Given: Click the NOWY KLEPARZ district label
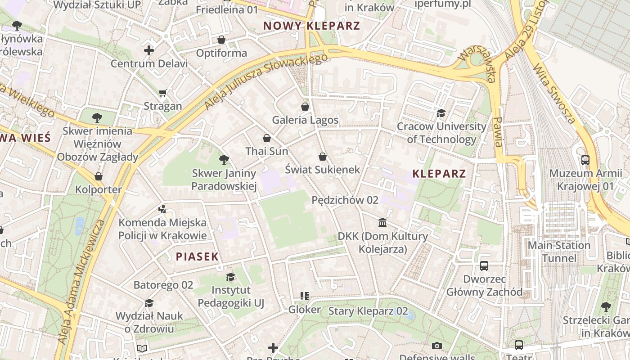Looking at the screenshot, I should point(311,26).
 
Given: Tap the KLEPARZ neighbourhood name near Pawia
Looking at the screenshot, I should point(439,174).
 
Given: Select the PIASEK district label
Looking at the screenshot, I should point(197,257).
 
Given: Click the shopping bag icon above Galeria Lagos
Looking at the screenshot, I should point(305,107).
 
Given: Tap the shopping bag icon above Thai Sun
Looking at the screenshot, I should point(266,138).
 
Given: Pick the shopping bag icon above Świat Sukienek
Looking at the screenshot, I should point(323,157).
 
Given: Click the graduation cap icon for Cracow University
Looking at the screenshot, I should point(441,113).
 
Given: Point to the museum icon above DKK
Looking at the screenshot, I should point(382,222).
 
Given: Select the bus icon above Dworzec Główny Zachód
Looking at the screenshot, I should point(484,265).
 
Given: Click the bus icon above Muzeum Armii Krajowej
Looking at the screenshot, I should point(585,160).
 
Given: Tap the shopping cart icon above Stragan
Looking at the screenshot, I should point(163,93).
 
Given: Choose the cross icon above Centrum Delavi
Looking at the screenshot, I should point(149,50).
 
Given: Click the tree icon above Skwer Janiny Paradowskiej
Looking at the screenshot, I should point(224,159).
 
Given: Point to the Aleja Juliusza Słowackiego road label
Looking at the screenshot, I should point(265,81).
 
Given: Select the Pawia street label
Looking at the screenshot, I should point(498,132).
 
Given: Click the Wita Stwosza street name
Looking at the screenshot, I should point(554,94).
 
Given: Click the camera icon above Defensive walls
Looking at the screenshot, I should point(436,346).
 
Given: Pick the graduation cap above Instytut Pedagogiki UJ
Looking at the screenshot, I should point(231,277).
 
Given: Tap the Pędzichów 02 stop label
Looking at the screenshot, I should point(345,200).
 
